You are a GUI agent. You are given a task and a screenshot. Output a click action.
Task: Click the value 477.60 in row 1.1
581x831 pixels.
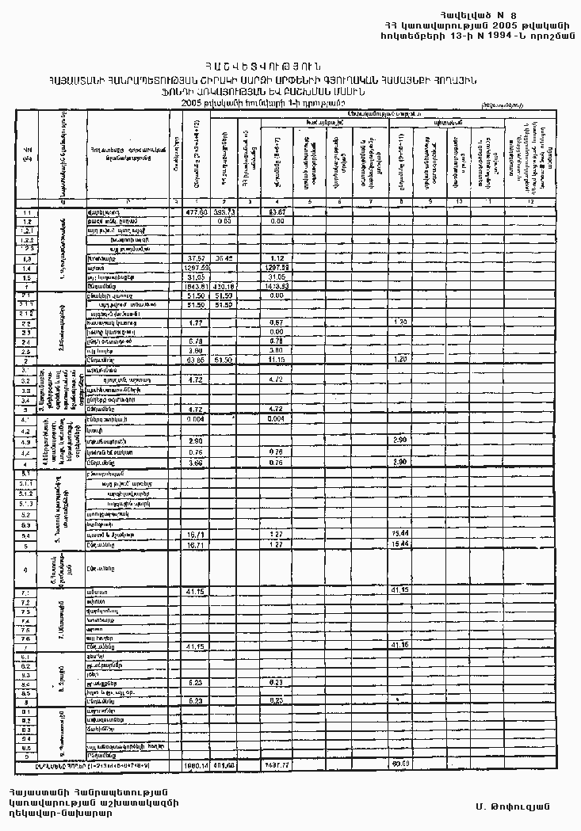coord(196,212)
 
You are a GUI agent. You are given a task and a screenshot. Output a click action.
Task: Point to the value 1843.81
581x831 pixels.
coord(196,286)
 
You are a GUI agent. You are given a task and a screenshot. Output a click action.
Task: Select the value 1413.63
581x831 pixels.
coord(277,286)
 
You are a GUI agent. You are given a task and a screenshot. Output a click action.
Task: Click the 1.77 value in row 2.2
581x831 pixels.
coord(196,322)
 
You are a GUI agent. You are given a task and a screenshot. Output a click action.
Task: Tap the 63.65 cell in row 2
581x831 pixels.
coord(196,360)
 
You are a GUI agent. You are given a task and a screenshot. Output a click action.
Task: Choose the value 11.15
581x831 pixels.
coord(277,360)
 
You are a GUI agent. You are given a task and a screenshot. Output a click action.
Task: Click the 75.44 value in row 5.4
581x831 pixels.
coord(401,536)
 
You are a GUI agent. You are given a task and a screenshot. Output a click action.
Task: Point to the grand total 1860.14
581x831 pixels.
coord(196,764)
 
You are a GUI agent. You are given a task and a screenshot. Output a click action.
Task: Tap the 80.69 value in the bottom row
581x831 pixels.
coord(401,764)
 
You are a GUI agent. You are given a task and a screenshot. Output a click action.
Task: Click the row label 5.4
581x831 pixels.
coord(27,536)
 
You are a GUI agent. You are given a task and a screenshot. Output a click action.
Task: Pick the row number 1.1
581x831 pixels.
coord(27,212)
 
